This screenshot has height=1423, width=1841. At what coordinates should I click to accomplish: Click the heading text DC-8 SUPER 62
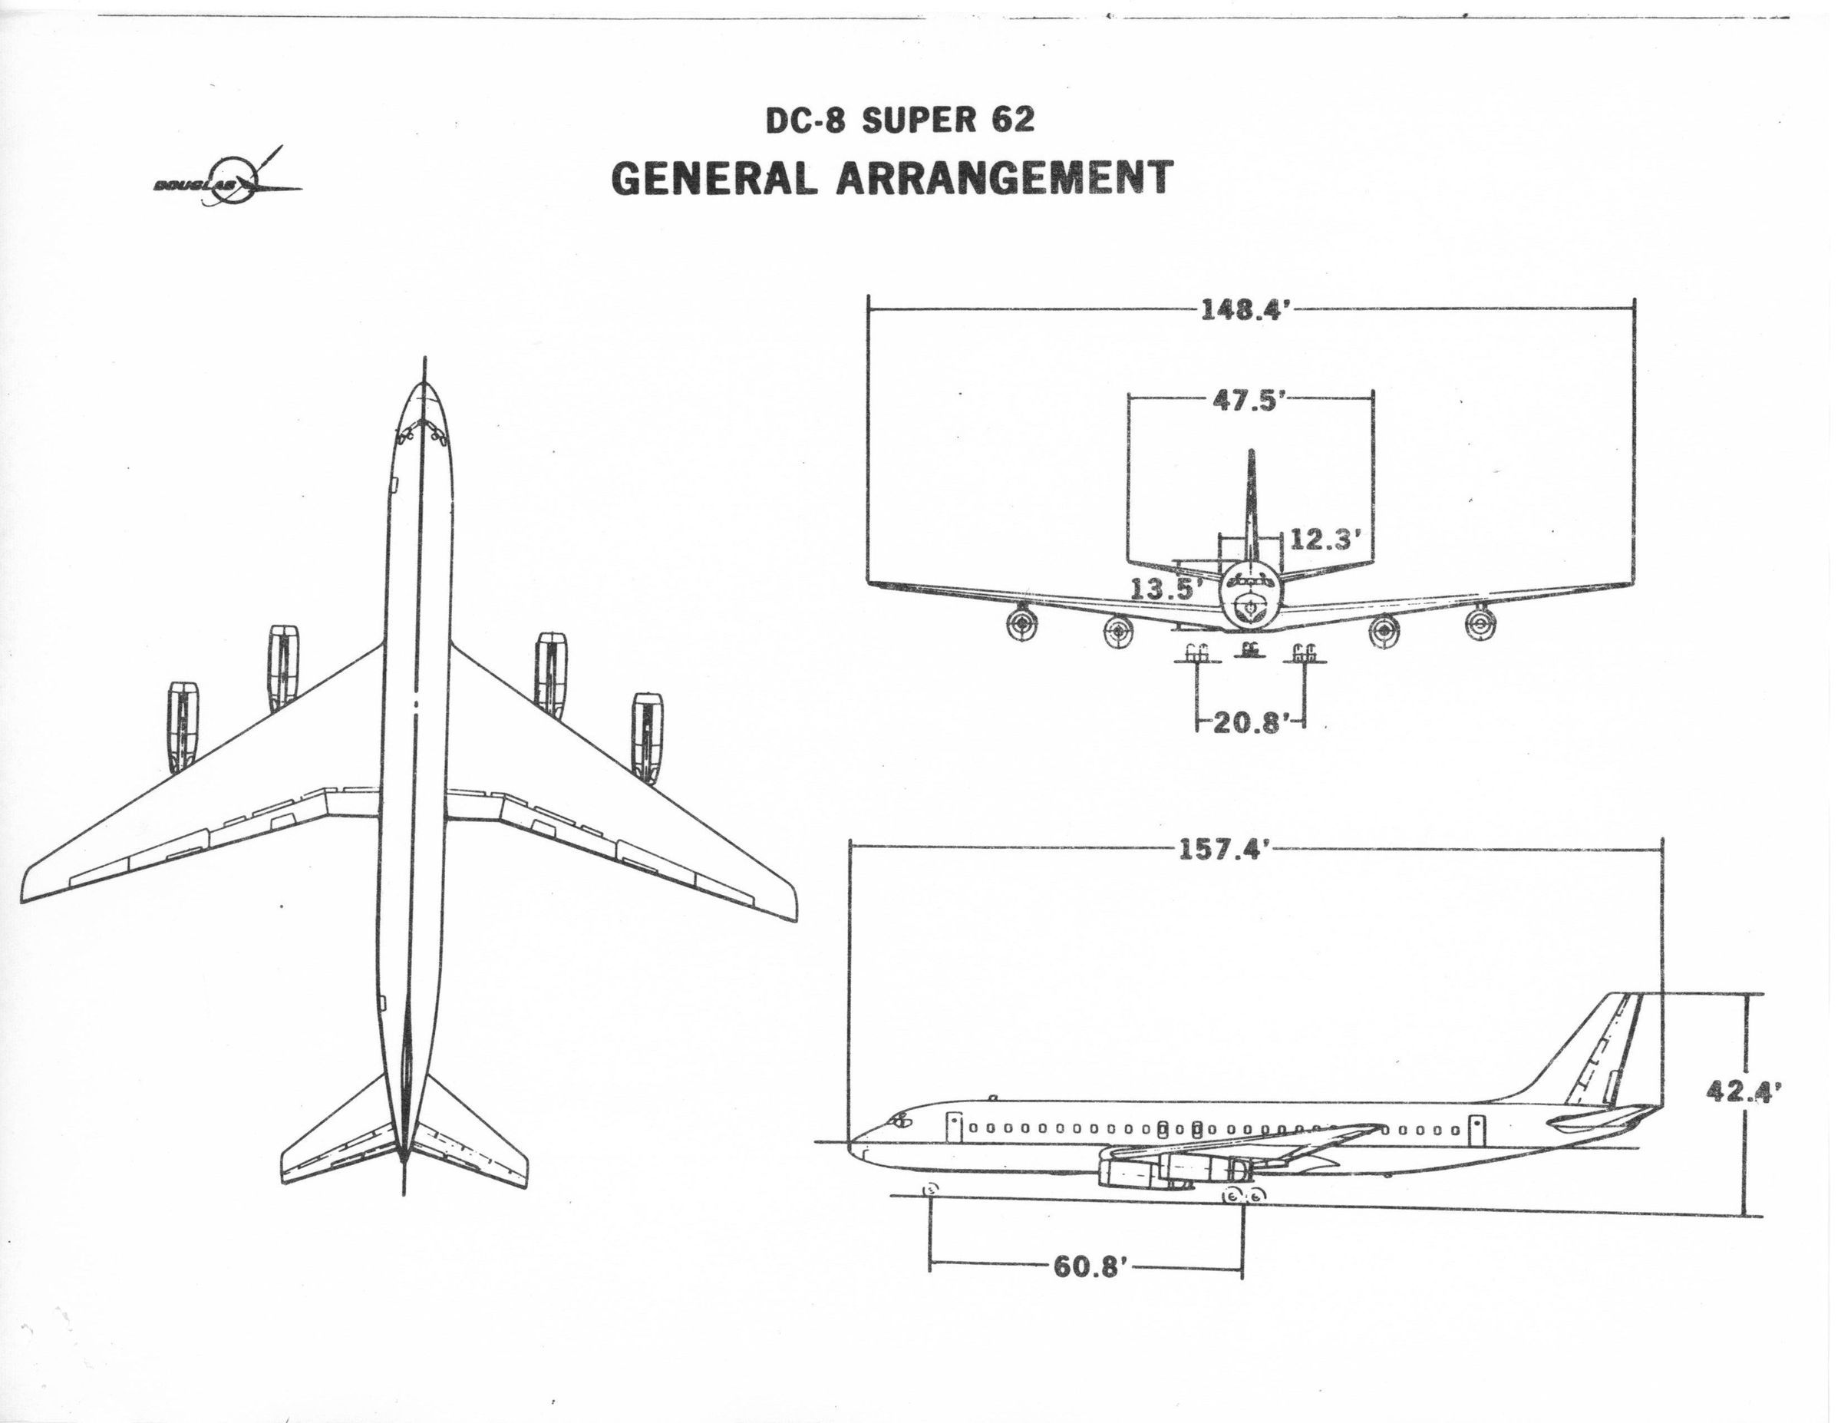tap(899, 121)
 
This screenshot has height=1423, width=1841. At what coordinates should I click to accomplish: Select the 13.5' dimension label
tap(1163, 589)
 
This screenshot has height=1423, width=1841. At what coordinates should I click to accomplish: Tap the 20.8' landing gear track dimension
tap(1249, 722)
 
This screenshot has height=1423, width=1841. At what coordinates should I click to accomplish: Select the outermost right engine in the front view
tap(1476, 625)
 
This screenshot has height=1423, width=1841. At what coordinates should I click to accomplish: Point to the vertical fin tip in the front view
tap(1251, 456)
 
